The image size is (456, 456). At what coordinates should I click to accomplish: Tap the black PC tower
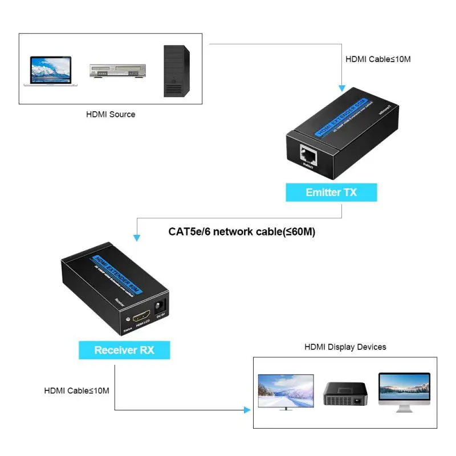click(x=174, y=71)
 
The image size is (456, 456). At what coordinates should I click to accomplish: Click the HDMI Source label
click(x=111, y=114)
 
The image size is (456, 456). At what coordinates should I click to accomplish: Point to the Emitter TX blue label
click(x=331, y=192)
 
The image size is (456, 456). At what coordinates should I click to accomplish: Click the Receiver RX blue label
click(x=124, y=350)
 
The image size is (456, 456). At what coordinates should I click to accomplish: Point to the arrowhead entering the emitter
click(x=341, y=88)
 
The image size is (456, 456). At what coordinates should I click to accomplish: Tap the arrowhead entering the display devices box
click(x=247, y=409)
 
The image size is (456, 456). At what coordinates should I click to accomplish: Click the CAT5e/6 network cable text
click(x=242, y=231)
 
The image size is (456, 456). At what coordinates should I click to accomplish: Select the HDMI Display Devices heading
click(x=345, y=347)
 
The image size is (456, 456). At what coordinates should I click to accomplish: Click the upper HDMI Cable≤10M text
click(x=378, y=59)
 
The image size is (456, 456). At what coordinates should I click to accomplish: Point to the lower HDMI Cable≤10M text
click(x=76, y=390)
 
